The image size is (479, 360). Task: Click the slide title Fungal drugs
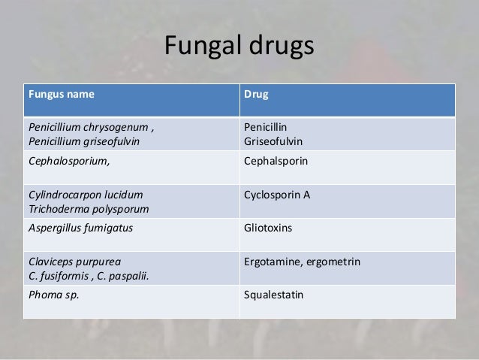[239, 47]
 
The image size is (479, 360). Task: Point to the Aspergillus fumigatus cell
[75, 228]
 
